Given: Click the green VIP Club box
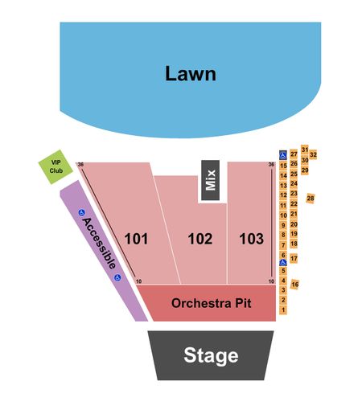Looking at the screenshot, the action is coord(56,167).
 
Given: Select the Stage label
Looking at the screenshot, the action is coord(211,355).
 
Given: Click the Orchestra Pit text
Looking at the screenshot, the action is coord(212,303).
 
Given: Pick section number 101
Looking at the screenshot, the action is coord(136,239).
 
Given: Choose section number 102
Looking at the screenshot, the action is coord(200,239).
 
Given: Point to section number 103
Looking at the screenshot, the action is coord(252,239).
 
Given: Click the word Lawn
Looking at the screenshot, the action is coord(191,73).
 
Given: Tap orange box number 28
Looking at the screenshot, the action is coord(311,199).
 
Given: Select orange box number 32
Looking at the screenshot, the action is coord(313,154).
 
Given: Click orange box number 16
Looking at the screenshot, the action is coord(295,284).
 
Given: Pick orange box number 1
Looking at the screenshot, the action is coord(283,310).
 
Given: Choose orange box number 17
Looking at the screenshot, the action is coord(294,259).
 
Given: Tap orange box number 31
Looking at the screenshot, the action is coord(305,150).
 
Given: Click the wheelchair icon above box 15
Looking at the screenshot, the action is coord(283,155).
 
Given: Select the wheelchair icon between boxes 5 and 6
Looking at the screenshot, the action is coord(283,263).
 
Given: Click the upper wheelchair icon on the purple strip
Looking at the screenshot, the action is coord(81,213).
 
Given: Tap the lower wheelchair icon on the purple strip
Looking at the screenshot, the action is coord(117,277).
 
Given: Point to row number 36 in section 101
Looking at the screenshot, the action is coord(80,165).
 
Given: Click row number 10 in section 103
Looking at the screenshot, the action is coord(271,281).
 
